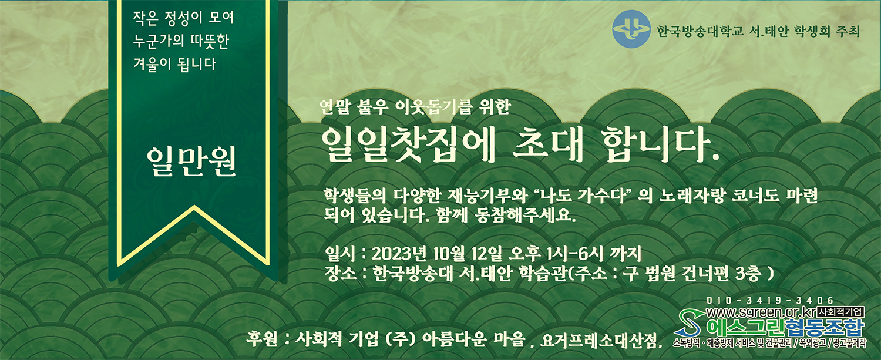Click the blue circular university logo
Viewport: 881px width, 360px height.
[631, 29]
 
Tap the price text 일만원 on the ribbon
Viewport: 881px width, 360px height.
[191, 162]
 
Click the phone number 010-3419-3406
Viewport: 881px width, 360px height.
[769, 301]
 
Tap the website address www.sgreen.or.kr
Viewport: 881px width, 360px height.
[761, 313]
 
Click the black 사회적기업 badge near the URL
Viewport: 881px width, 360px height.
[840, 312]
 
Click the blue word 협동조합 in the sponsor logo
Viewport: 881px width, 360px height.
[825, 327]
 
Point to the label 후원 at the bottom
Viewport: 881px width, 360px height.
[261, 339]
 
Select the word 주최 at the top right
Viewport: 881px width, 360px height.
[848, 31]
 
